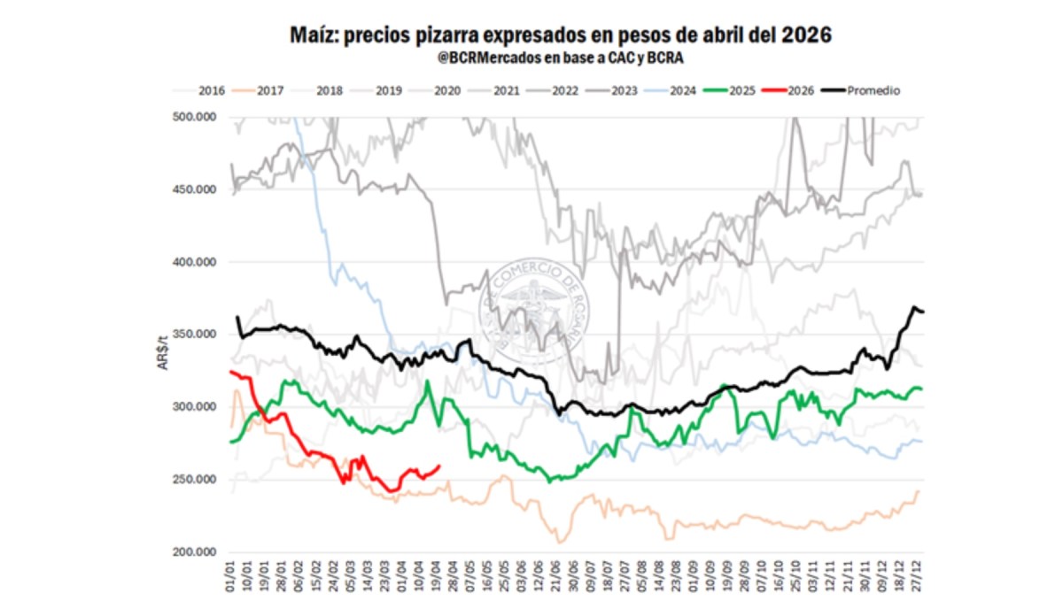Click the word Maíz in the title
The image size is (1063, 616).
click(x=314, y=36)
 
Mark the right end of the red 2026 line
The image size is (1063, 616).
click(x=440, y=466)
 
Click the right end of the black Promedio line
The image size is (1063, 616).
click(x=923, y=312)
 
